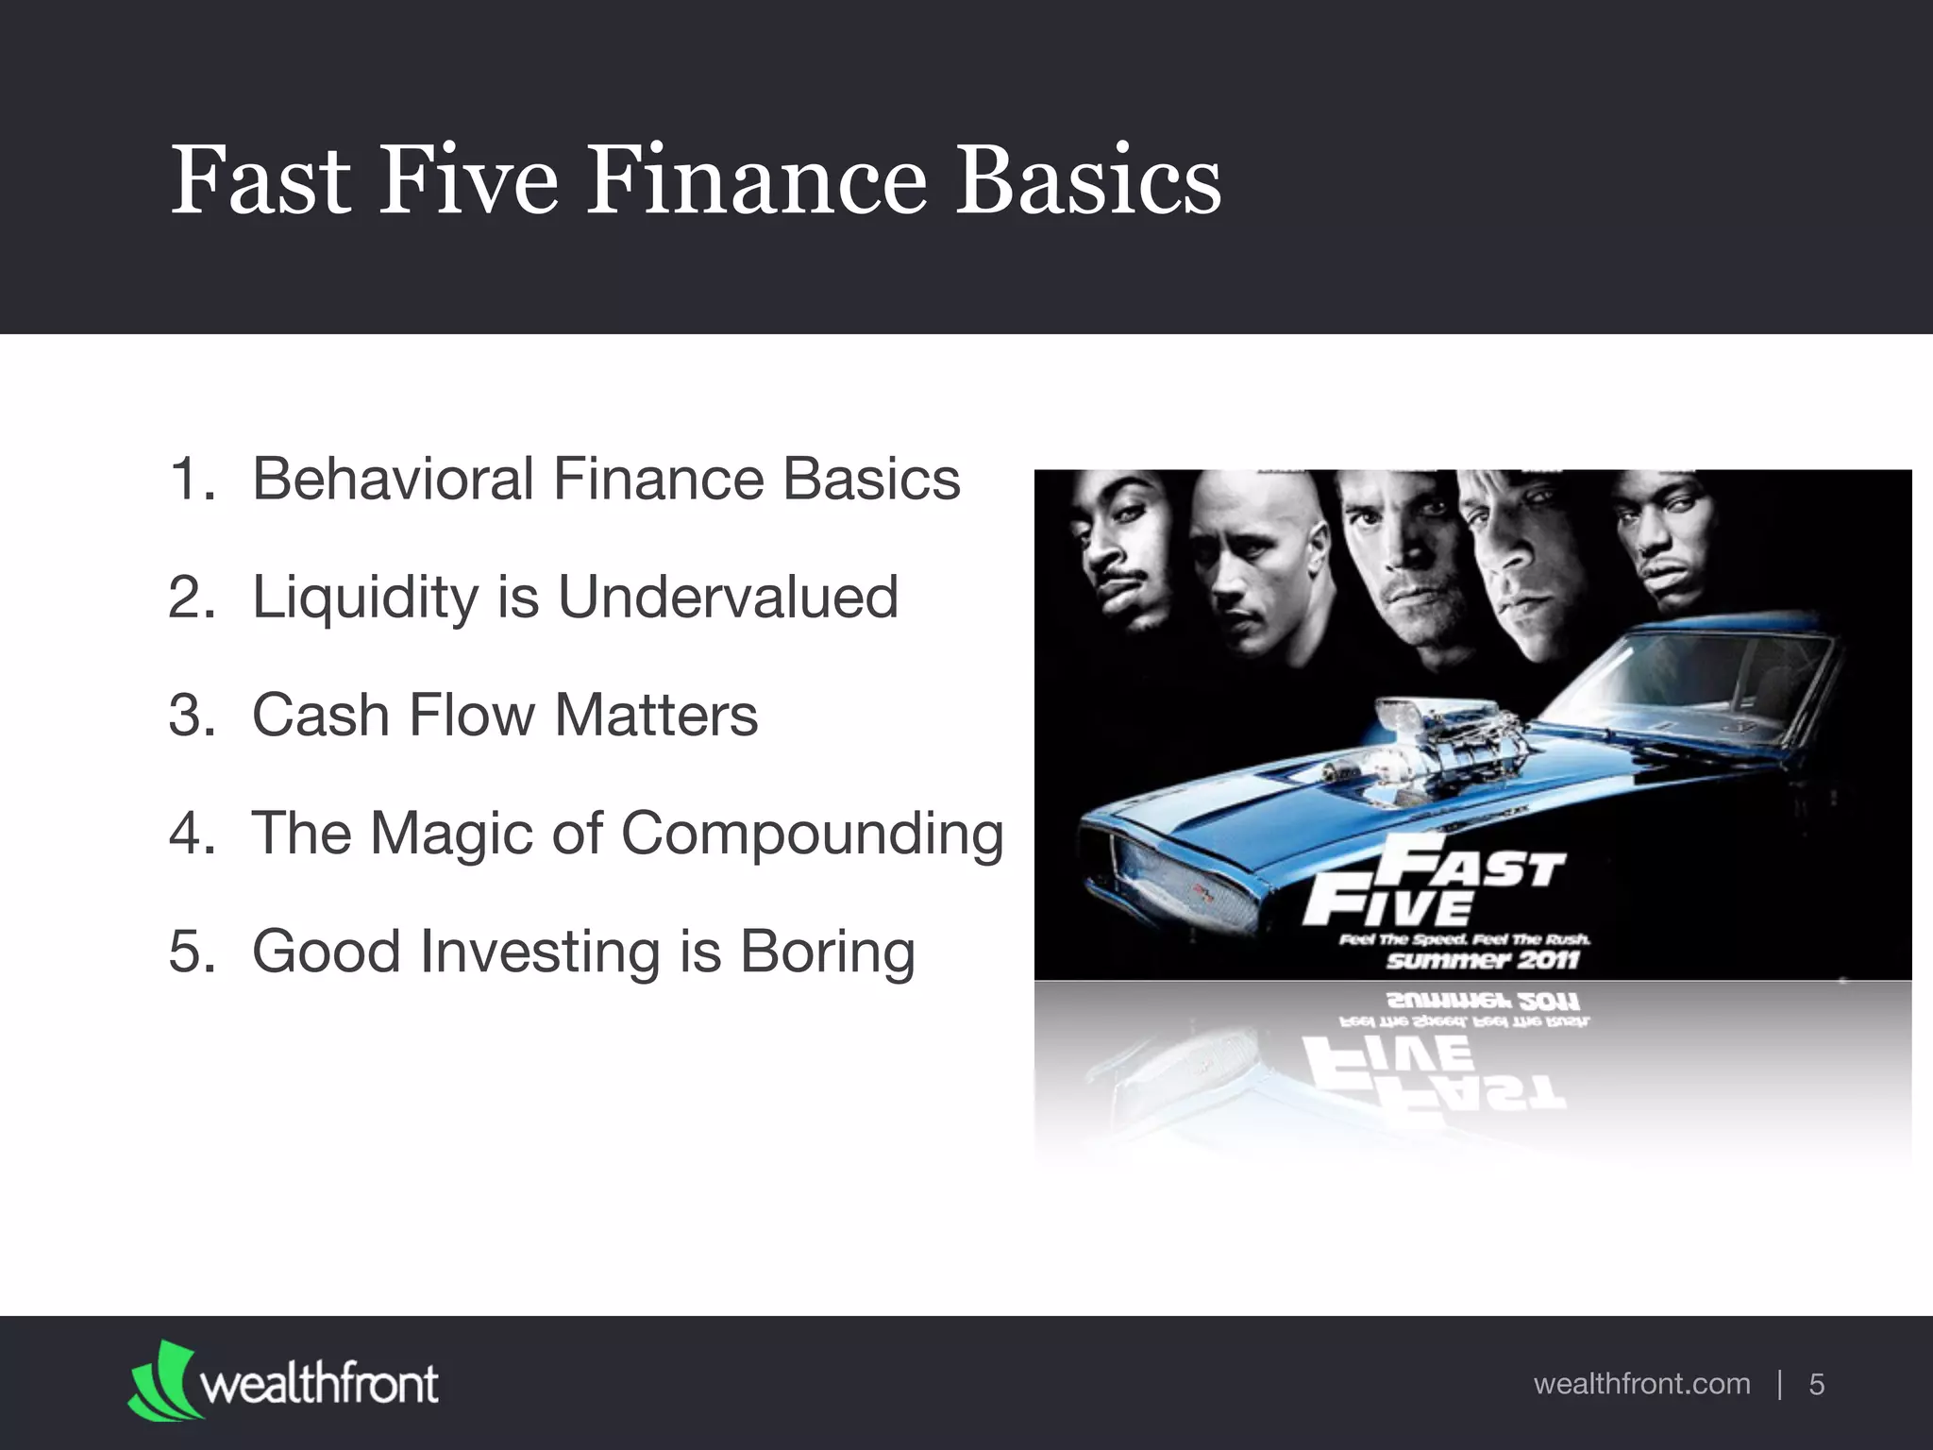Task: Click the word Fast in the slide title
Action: click(x=261, y=180)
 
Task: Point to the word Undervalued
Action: click(x=728, y=597)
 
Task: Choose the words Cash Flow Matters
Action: click(x=504, y=715)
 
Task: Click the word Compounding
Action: click(x=812, y=835)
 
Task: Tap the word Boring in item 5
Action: click(x=827, y=952)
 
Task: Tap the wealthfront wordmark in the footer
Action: click(x=319, y=1384)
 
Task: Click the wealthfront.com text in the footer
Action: click(x=1641, y=1384)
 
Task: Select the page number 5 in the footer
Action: click(x=1816, y=1384)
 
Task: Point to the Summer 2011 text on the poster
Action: click(x=1482, y=961)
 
